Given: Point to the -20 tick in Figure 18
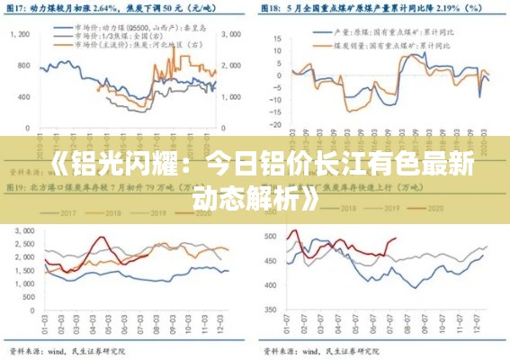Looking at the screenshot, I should coord(274,125).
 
